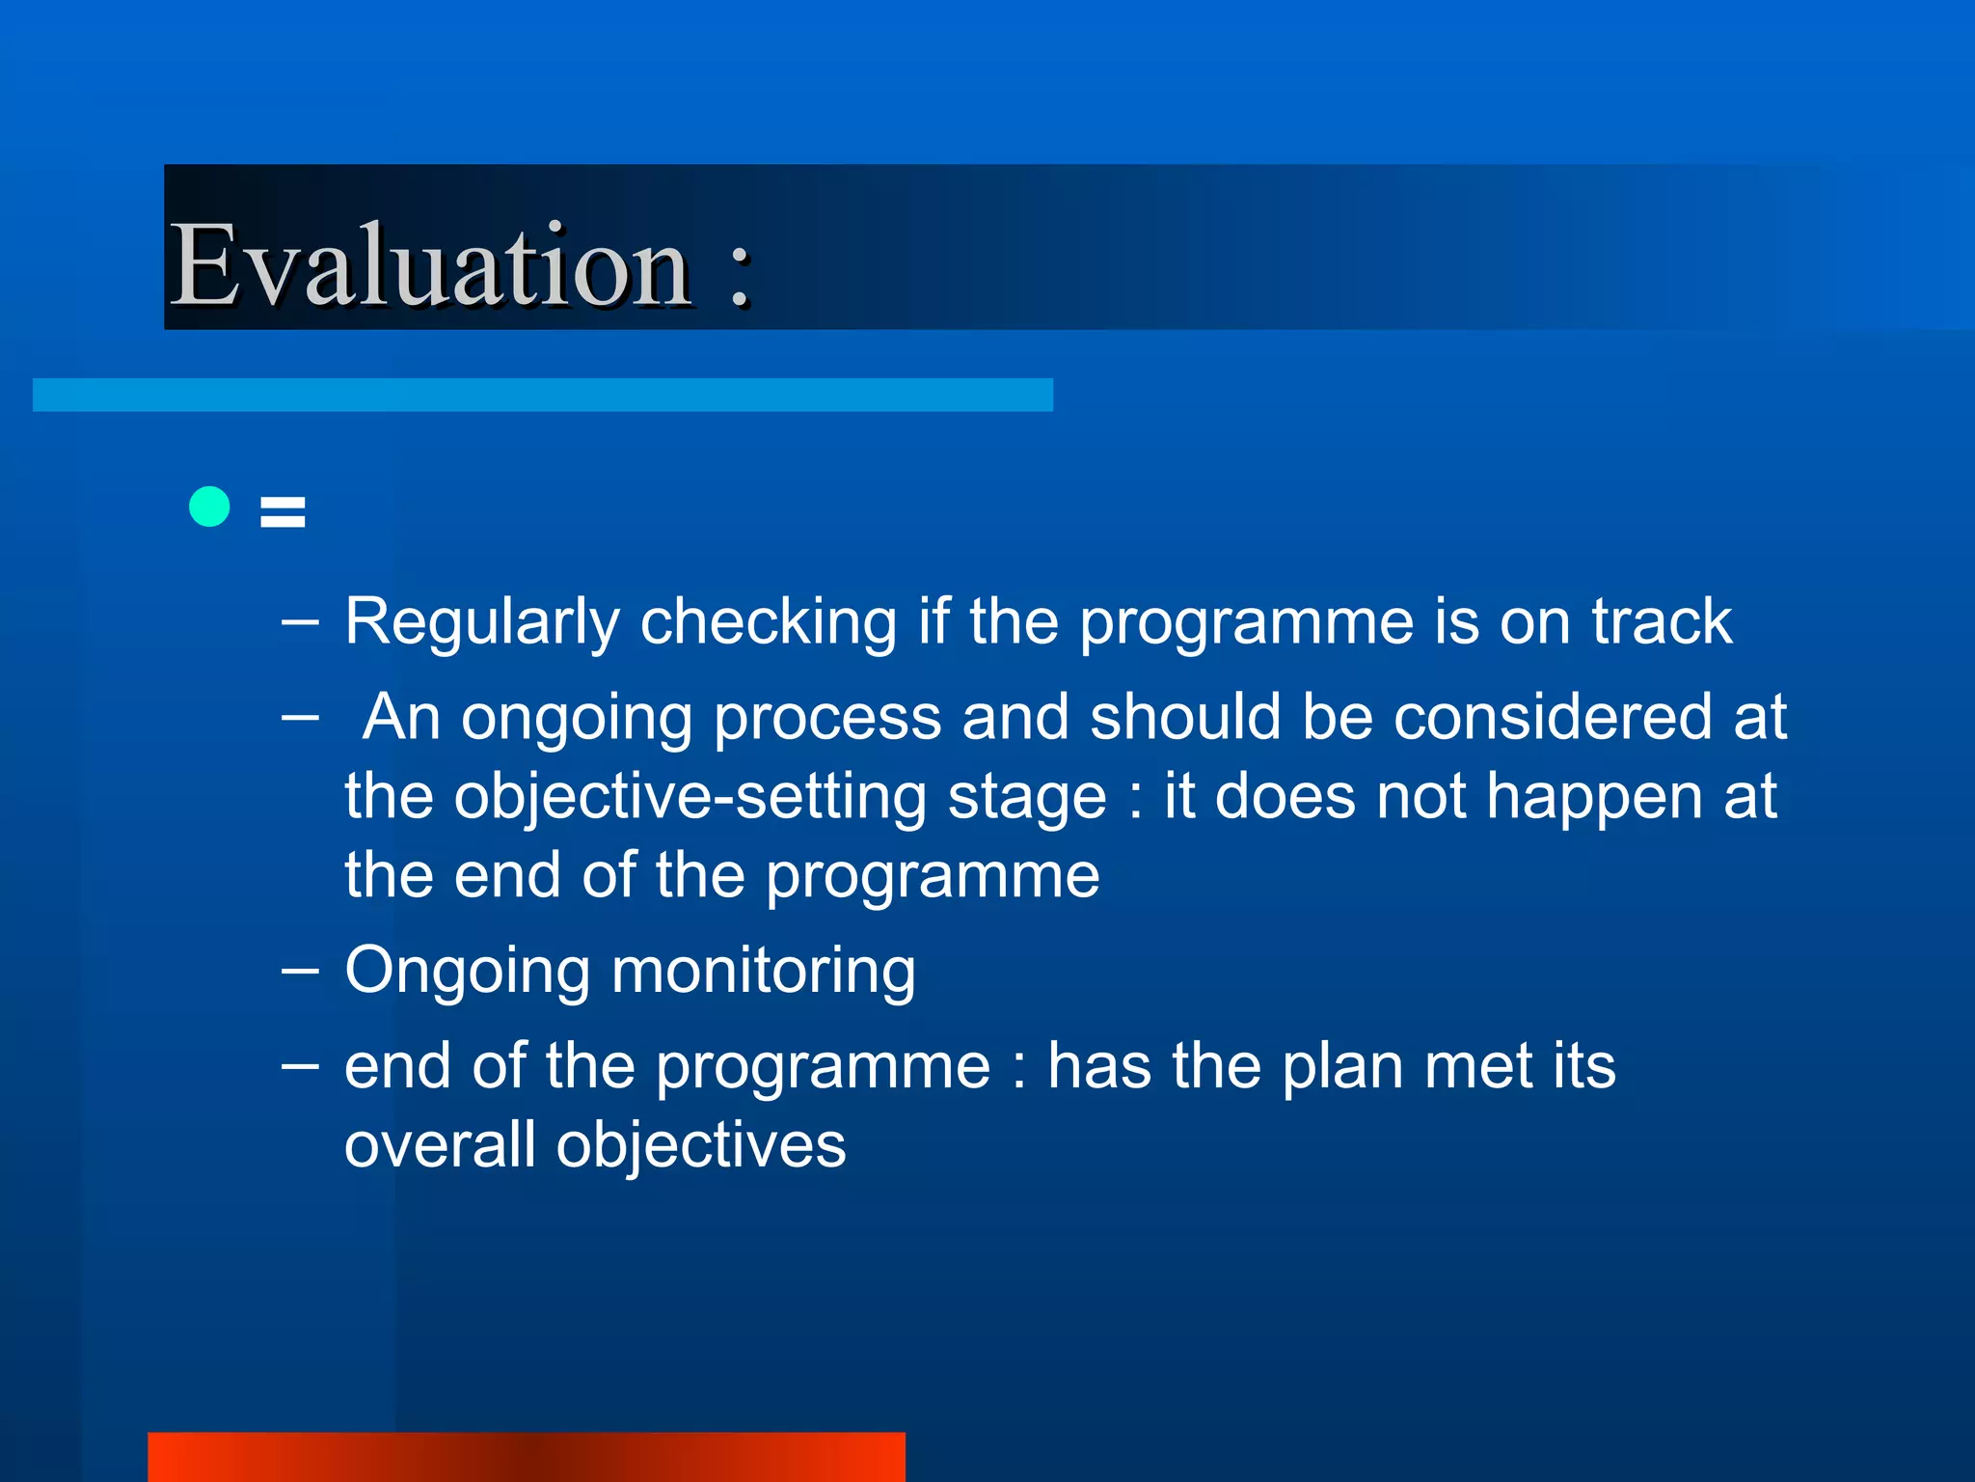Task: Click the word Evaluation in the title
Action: pos(429,264)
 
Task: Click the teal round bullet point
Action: pos(209,507)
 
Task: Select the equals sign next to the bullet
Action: pos(283,511)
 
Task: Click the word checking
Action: pos(769,621)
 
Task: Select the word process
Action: pos(826,719)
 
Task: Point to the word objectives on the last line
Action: pos(701,1147)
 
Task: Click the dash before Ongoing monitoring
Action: pos(300,970)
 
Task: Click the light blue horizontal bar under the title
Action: pos(542,395)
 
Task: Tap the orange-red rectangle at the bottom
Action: pos(526,1457)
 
